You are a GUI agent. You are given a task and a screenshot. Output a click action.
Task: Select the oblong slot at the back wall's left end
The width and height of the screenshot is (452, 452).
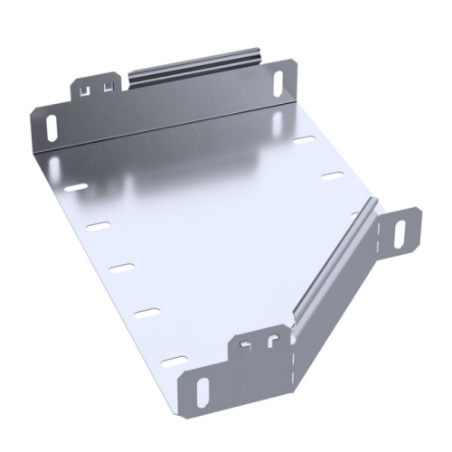[x=52, y=122]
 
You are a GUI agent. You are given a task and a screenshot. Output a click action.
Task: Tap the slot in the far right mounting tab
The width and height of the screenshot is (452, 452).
[x=399, y=231]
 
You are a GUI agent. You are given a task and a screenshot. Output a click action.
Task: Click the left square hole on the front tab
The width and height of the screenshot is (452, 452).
[x=247, y=344]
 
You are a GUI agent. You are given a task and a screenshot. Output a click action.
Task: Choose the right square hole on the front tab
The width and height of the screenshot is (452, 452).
[x=270, y=341]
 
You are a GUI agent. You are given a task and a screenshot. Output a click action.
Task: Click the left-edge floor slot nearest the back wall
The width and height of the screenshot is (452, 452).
[x=76, y=187]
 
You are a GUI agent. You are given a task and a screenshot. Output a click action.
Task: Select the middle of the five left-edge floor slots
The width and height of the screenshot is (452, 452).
[x=121, y=268]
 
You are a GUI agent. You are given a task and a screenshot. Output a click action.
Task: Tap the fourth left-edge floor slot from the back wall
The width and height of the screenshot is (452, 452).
[x=145, y=312]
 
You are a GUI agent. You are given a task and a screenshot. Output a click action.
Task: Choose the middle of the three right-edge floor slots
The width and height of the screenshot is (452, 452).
[x=334, y=174]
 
